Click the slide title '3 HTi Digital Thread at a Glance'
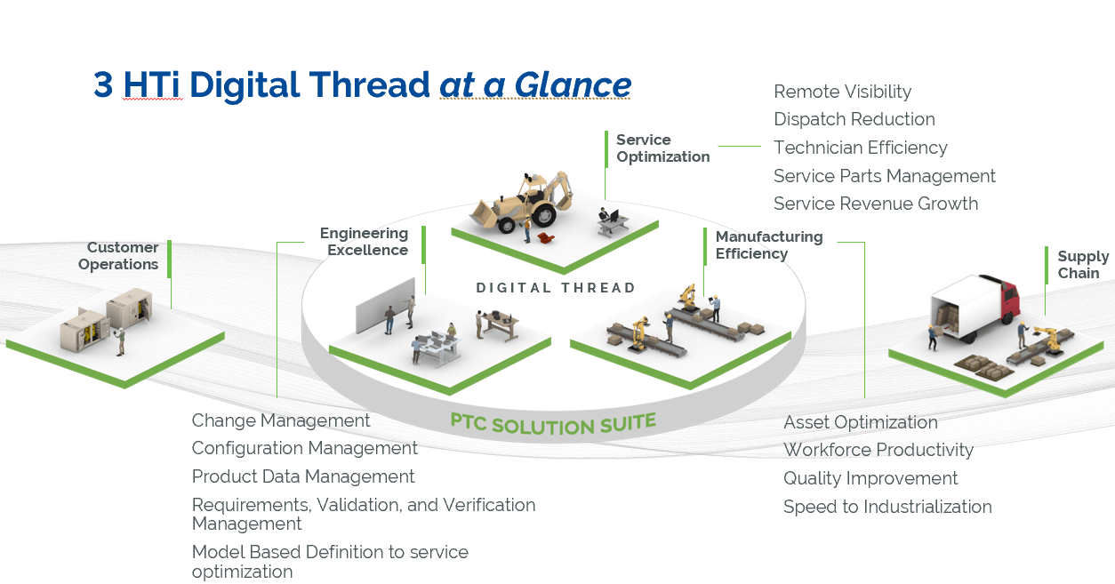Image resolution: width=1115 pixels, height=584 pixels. [x=362, y=84]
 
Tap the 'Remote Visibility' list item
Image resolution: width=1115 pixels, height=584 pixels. [x=842, y=92]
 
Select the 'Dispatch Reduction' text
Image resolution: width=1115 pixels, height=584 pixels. [x=854, y=119]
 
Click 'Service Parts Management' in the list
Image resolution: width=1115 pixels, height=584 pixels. [x=884, y=176]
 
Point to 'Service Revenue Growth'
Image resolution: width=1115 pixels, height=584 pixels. [x=875, y=204]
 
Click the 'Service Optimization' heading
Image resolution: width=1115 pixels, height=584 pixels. [x=662, y=148]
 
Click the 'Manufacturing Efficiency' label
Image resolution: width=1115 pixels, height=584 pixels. [x=768, y=245]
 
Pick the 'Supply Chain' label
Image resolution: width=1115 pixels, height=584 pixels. [x=1082, y=265]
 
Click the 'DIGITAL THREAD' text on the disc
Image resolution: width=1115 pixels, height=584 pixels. [x=556, y=288]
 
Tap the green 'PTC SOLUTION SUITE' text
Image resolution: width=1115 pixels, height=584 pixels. [x=553, y=423]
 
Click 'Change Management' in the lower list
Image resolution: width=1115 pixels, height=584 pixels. [x=281, y=420]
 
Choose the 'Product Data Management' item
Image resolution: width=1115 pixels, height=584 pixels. [x=303, y=476]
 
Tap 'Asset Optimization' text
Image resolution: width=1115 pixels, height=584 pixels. [x=860, y=422]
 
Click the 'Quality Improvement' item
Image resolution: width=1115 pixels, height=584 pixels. [x=870, y=478]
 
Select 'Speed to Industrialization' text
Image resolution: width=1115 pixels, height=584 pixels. [x=886, y=507]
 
